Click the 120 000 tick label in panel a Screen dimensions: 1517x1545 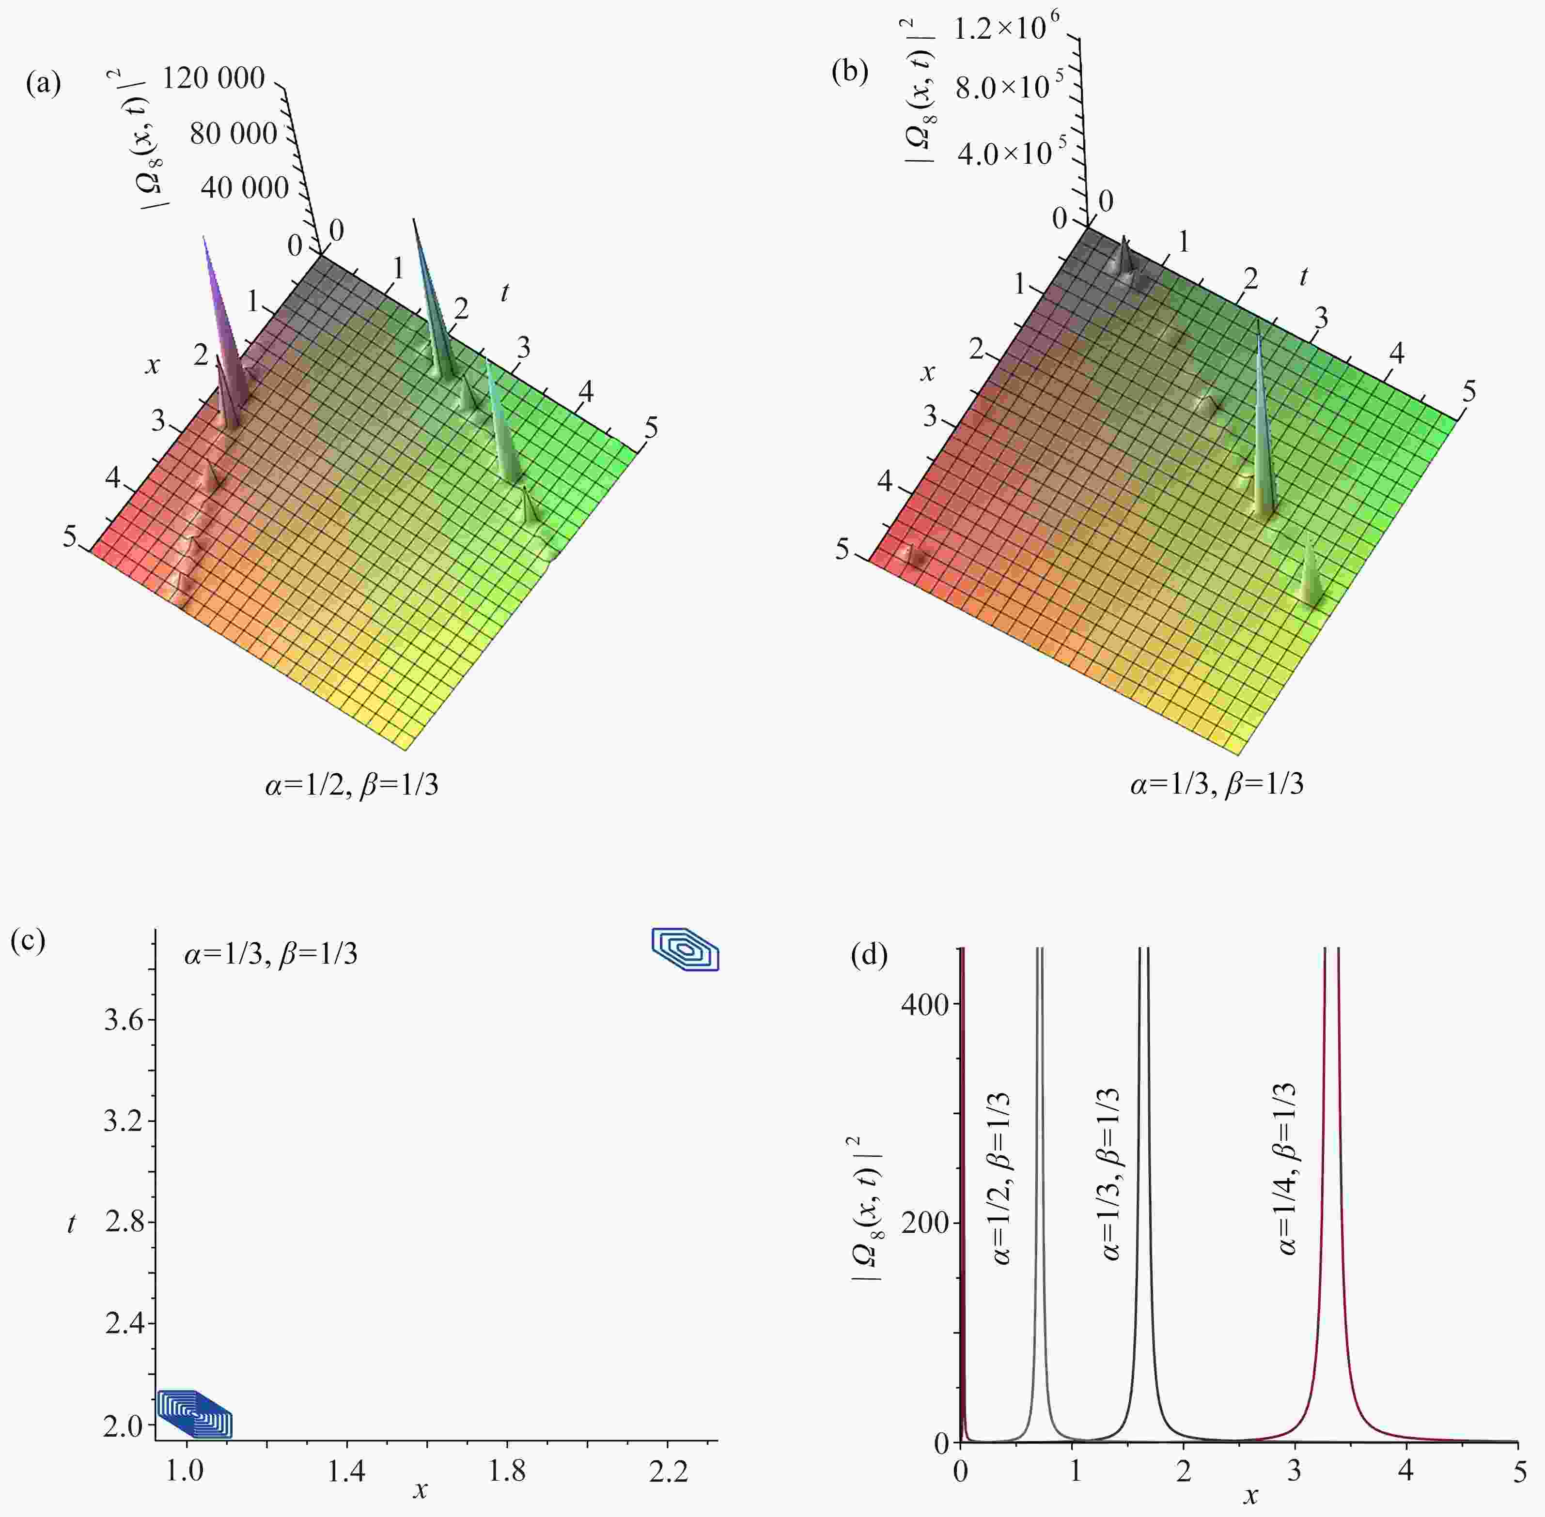214,78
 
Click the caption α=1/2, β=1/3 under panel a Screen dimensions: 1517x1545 352,785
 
